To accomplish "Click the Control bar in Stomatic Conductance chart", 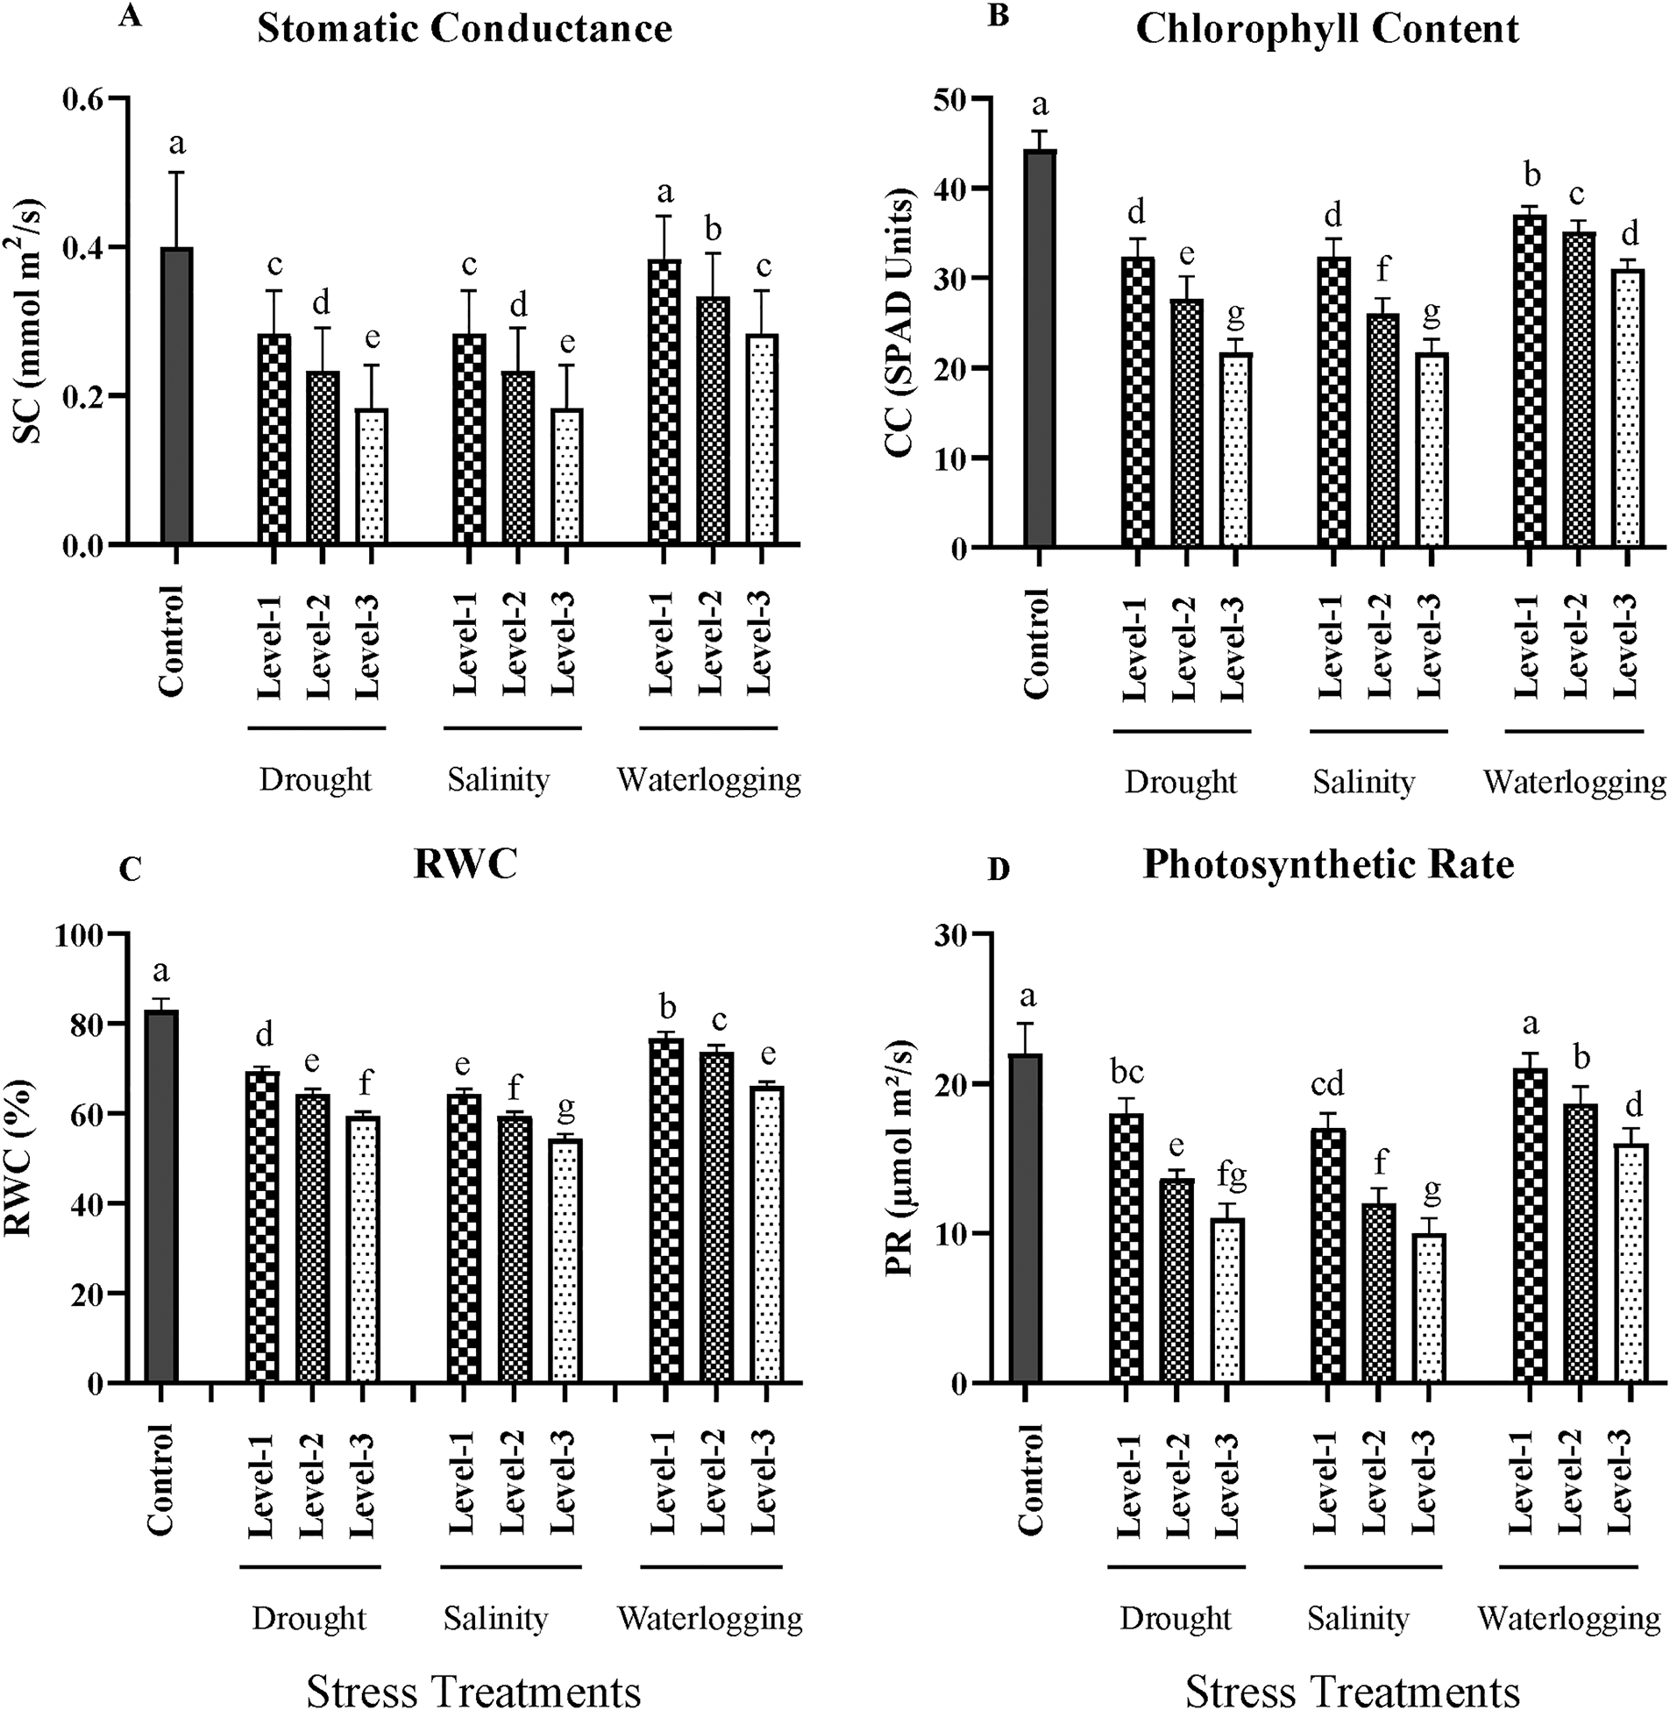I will coord(176,395).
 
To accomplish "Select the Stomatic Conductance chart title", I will coord(465,29).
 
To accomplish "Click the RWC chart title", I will coord(465,865).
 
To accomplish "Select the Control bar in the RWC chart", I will coord(162,1197).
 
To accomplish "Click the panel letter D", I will coord(999,870).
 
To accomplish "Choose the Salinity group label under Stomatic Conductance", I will coord(498,779).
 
